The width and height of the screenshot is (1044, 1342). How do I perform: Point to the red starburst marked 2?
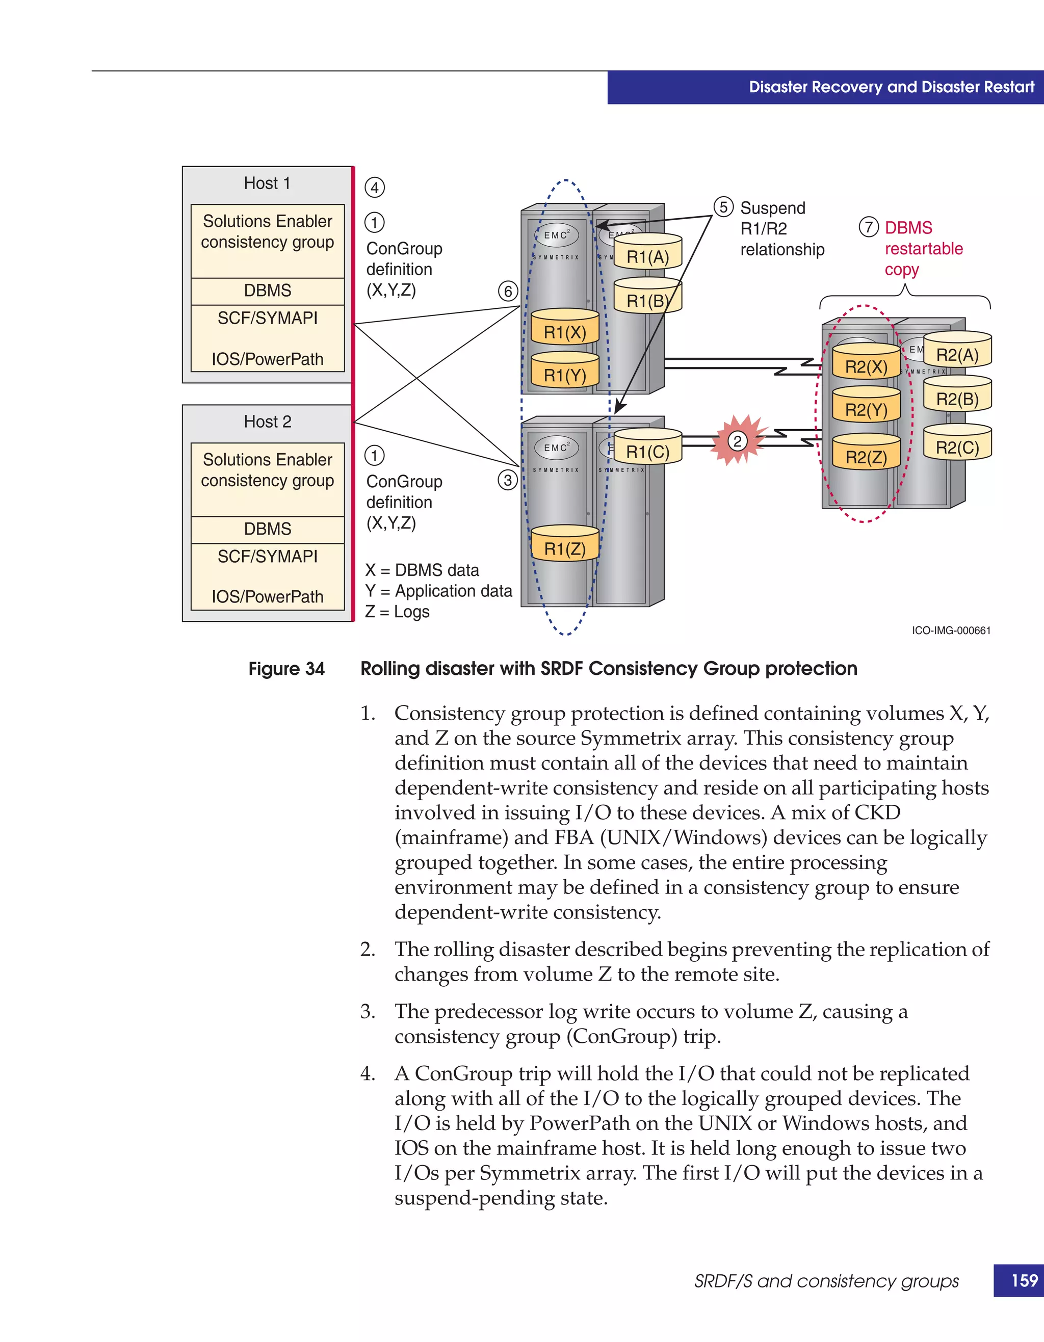(x=737, y=440)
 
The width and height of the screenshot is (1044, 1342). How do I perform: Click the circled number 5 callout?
(x=723, y=207)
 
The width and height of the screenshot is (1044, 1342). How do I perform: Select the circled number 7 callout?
(x=868, y=227)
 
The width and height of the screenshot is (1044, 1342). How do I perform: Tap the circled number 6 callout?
(x=508, y=291)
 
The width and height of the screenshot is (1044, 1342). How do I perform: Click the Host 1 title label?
(x=267, y=183)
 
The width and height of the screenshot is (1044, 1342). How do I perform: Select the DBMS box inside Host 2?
(x=267, y=529)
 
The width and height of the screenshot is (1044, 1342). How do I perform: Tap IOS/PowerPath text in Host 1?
(x=267, y=359)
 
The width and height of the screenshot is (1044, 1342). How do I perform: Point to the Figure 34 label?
(x=286, y=669)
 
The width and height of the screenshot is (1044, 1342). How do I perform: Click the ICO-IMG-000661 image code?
(x=951, y=630)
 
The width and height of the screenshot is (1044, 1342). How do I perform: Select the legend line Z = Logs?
(x=397, y=612)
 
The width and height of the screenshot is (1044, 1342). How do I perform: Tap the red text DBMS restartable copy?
(x=923, y=248)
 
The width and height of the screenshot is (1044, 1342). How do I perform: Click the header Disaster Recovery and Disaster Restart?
(x=891, y=87)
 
